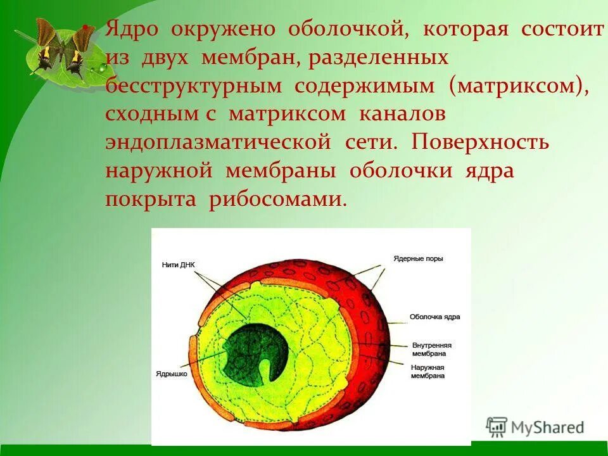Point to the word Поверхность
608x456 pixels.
480,142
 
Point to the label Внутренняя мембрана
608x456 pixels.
431,350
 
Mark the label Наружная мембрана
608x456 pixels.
427,371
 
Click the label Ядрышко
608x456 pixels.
171,374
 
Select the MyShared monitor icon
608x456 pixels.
497,427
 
